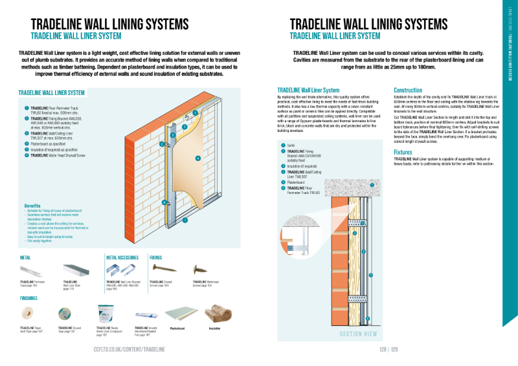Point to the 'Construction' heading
coord(408,90)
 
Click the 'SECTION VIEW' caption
coord(358,334)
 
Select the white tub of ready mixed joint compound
coord(106,314)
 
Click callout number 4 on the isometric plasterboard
coord(197,157)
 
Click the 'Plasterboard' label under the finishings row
coord(177,328)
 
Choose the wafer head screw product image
coord(201,268)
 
